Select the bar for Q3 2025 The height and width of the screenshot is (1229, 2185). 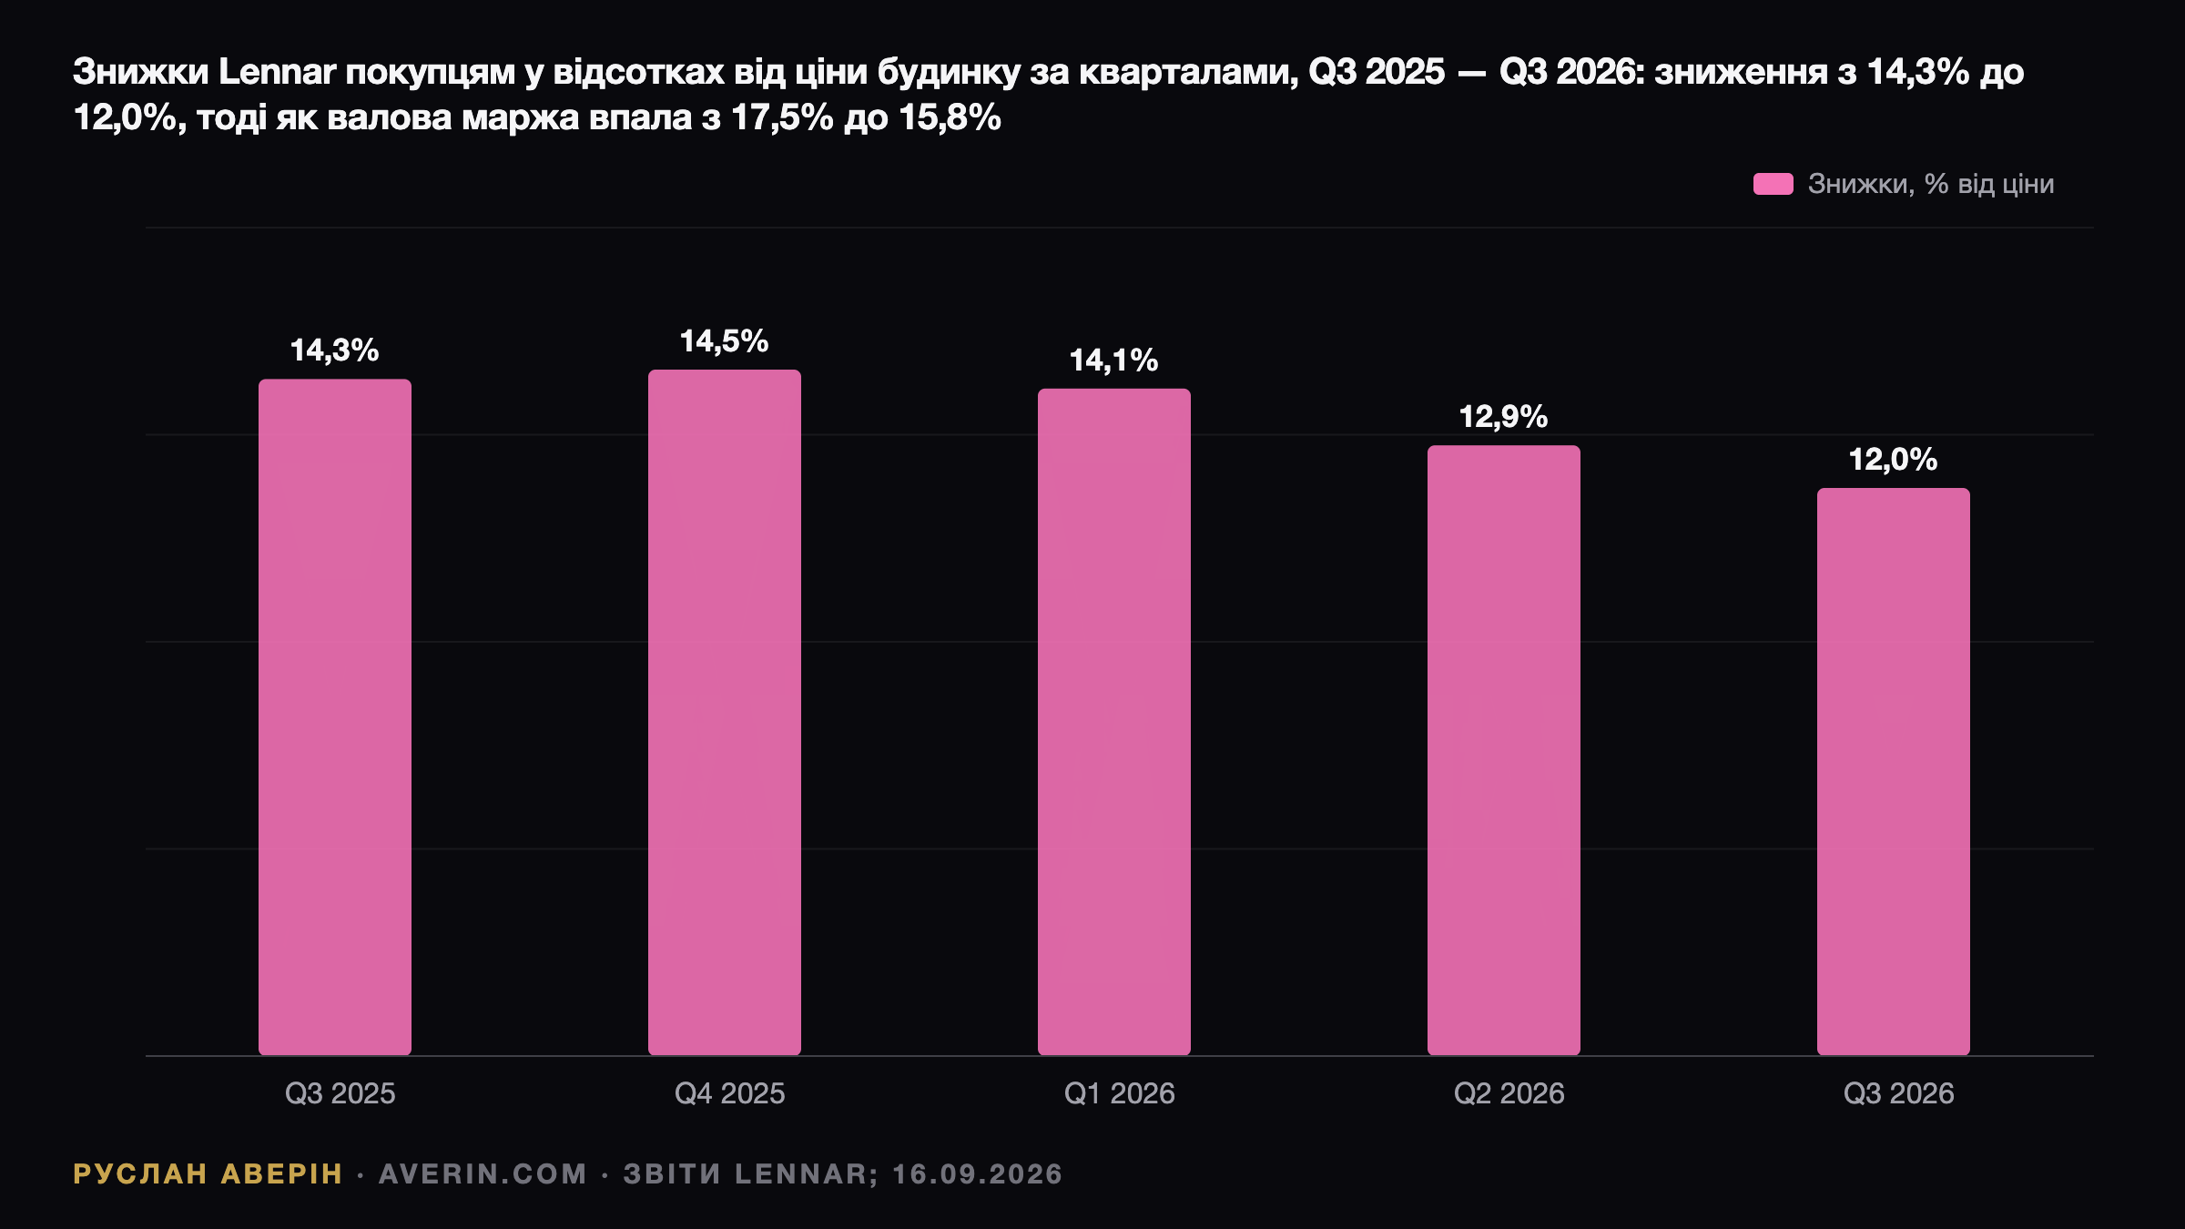335,717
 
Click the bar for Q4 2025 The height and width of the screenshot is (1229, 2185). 725,713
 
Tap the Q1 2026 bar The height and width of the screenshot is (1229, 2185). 1114,722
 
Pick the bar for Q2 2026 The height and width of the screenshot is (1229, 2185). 1504,750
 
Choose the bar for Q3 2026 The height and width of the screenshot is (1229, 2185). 1894,772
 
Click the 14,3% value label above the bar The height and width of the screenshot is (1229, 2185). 334,350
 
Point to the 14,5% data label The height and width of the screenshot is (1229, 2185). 724,341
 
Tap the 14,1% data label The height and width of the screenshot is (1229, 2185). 1113,361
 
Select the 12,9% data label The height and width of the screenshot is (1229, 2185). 1503,417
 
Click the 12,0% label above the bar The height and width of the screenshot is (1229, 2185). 1893,460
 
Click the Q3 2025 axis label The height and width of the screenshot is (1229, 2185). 340,1093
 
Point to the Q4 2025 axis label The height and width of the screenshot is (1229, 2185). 729,1093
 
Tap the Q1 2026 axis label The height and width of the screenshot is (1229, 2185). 1119,1093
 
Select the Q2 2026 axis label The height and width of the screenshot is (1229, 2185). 1509,1093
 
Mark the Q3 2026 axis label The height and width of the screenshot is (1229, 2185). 1898,1093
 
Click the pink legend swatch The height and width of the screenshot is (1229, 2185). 1773,184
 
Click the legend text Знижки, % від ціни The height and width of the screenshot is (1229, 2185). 1931,184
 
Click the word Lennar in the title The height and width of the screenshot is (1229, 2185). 277,72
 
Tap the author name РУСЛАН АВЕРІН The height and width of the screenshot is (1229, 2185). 208,1174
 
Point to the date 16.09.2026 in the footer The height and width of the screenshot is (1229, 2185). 978,1174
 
